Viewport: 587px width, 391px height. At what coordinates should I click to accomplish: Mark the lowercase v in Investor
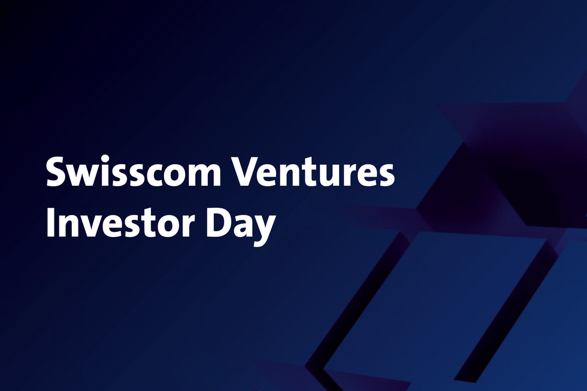[92, 226]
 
